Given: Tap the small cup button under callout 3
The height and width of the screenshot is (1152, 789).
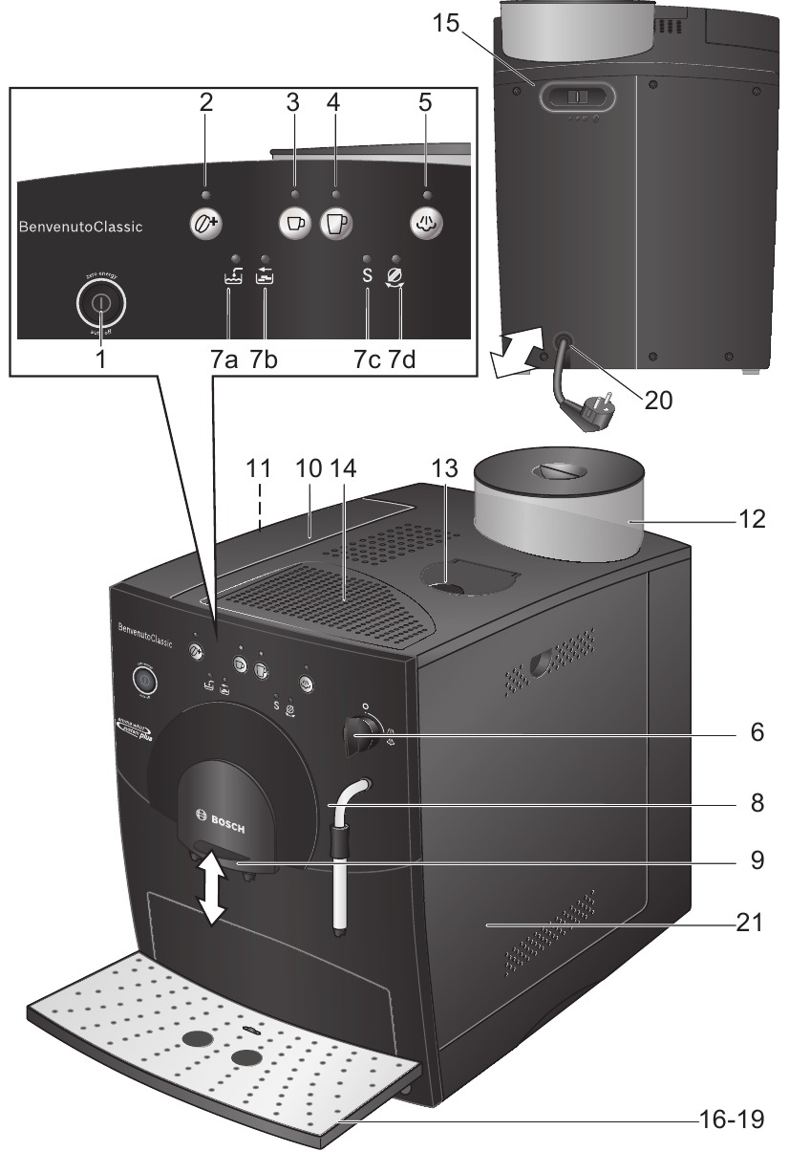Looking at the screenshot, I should (294, 222).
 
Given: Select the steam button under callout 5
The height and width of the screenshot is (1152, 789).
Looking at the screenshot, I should (426, 222).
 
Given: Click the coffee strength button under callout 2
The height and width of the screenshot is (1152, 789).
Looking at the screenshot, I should (203, 222).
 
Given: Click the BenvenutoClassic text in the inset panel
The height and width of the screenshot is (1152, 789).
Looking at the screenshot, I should (80, 228).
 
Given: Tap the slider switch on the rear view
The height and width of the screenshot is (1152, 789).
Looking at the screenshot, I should (575, 98).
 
